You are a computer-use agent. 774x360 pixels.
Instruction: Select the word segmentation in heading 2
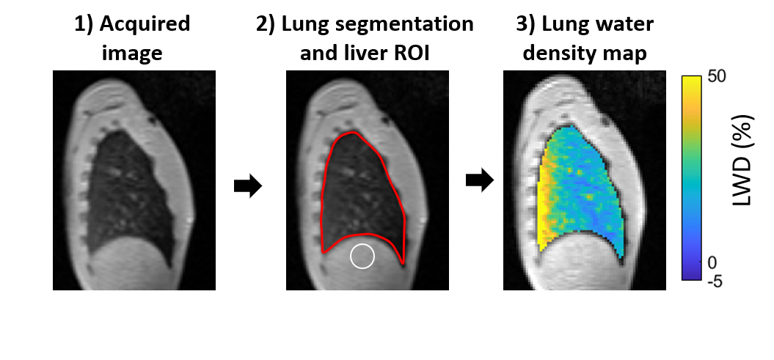411,23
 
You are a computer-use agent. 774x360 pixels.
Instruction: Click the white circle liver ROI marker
362,256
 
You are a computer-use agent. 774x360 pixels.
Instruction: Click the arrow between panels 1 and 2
248,186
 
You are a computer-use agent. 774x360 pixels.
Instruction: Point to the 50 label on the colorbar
717,78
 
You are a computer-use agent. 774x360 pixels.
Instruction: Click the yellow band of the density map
547,205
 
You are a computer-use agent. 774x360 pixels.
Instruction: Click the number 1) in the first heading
85,23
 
